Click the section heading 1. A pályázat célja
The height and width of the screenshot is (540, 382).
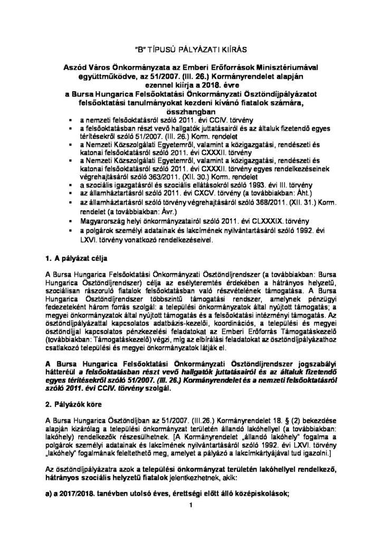(x=77, y=257)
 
